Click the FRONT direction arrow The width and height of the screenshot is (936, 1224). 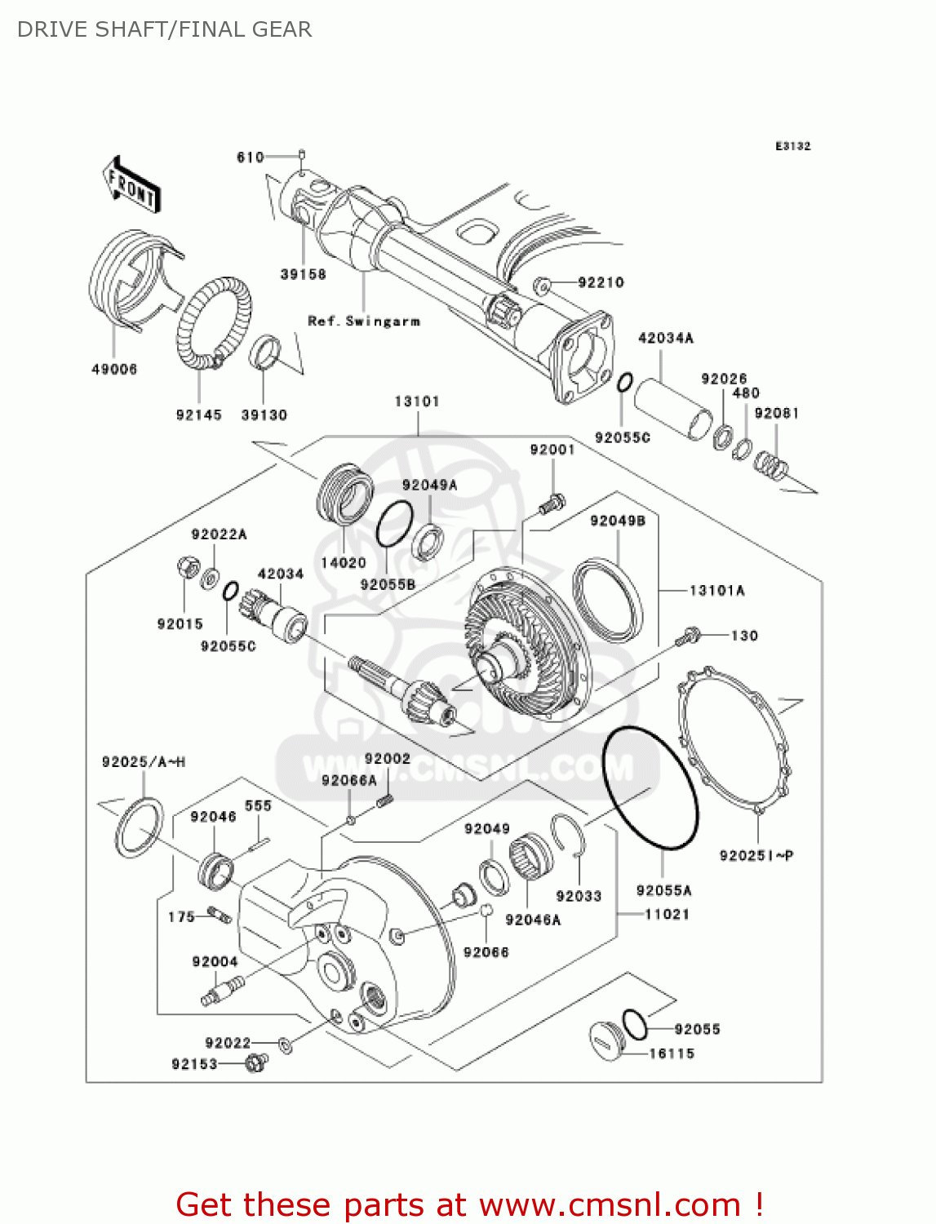point(131,185)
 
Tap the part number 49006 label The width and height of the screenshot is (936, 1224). point(114,370)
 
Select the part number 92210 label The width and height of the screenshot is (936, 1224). point(601,283)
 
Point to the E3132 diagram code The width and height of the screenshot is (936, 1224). point(792,146)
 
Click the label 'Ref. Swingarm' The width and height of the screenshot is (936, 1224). point(364,322)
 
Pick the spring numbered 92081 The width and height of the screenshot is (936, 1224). point(770,465)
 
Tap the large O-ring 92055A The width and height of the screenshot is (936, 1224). point(650,789)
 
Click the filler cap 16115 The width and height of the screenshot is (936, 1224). point(607,1040)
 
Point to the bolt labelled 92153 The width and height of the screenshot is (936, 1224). point(256,1062)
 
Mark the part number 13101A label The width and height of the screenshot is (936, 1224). point(717,591)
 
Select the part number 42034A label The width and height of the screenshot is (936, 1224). point(665,338)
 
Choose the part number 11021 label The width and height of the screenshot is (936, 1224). point(667,915)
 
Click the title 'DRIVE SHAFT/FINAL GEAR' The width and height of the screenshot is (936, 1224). point(164,30)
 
